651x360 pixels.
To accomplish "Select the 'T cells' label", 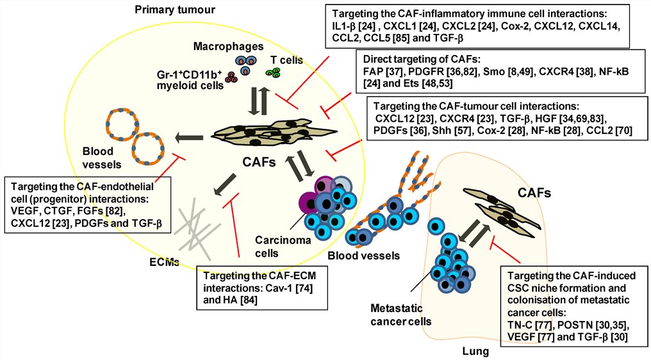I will click(290, 60).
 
